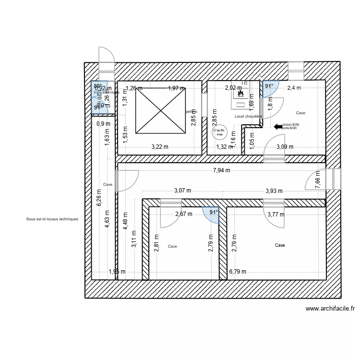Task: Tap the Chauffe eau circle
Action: pyautogui.click(x=219, y=132)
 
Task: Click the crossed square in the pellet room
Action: pyautogui.click(x=161, y=111)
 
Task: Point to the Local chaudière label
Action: pyautogui.click(x=248, y=116)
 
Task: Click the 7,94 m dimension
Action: pyautogui.click(x=221, y=170)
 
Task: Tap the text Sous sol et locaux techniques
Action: pyautogui.click(x=52, y=219)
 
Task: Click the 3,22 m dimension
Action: pyautogui.click(x=160, y=147)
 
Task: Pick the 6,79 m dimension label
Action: pyautogui.click(x=238, y=272)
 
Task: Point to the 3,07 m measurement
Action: pyautogui.click(x=182, y=191)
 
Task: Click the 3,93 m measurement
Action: pyautogui.click(x=275, y=191)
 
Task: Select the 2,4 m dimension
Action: pyautogui.click(x=294, y=88)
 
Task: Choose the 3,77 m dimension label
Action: pyautogui.click(x=276, y=215)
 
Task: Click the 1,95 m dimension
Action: pyautogui.click(x=117, y=272)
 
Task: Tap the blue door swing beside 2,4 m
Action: pyautogui.click(x=267, y=87)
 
